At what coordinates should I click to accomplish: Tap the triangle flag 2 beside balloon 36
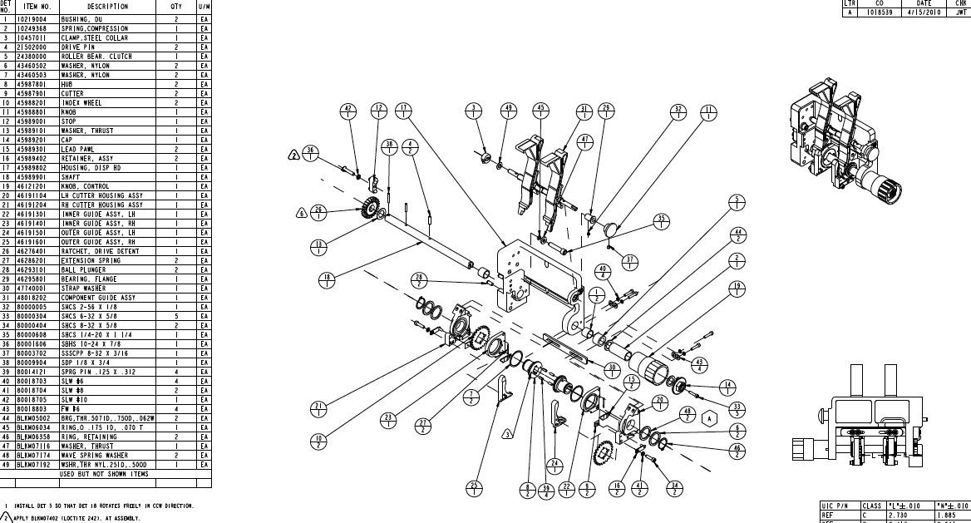(294, 154)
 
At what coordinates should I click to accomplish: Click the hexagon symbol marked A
(708, 419)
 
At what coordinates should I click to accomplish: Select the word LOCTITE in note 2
(71, 518)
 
